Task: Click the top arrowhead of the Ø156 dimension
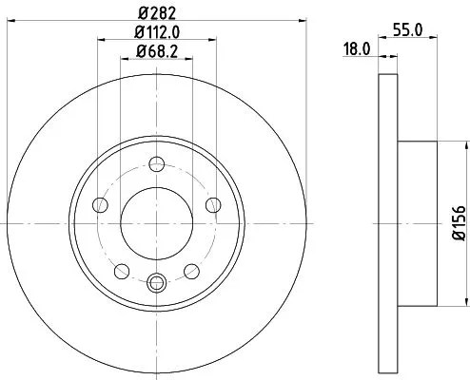click(465, 145)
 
